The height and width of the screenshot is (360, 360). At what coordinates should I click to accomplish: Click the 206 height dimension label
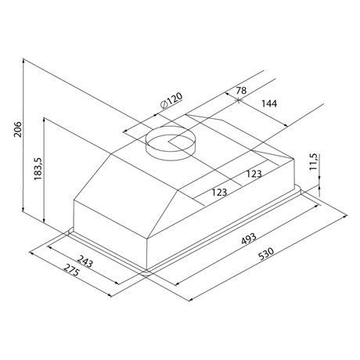click(x=18, y=129)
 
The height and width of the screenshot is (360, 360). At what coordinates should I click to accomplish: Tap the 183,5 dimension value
click(x=38, y=168)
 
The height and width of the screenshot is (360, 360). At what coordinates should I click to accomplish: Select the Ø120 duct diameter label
click(x=171, y=101)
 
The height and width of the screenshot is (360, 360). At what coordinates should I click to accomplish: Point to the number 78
click(x=241, y=91)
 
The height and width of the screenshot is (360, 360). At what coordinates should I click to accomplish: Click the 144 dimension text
click(x=269, y=104)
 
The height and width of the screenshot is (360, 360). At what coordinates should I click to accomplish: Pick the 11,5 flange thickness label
click(x=313, y=162)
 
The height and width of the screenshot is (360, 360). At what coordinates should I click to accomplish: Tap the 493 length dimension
click(x=249, y=239)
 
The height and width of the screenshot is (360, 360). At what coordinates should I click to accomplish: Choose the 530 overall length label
click(x=266, y=254)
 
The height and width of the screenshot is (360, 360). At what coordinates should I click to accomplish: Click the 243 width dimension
click(x=85, y=261)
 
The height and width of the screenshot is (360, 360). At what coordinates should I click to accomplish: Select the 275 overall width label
click(x=71, y=270)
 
